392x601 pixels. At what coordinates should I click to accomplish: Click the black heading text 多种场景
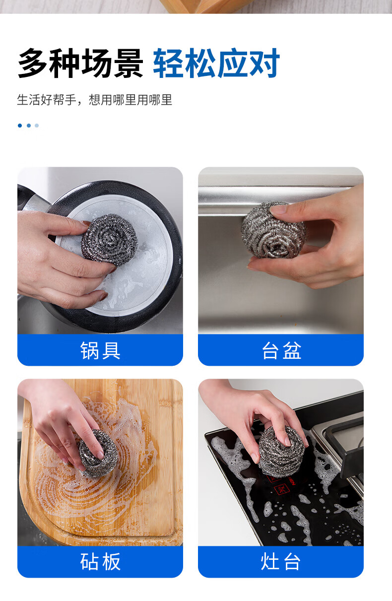click(80, 64)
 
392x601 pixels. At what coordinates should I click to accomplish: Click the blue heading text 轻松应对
click(216, 64)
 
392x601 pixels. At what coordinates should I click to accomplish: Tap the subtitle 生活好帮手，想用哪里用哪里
click(94, 100)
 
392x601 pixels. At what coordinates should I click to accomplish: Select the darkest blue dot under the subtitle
click(20, 126)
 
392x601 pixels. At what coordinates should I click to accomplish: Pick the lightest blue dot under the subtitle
click(37, 126)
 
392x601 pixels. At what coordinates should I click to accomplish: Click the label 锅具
click(100, 350)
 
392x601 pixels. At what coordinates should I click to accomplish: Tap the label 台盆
click(281, 350)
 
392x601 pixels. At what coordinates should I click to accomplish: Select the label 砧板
click(100, 562)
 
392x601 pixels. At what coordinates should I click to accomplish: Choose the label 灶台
click(281, 562)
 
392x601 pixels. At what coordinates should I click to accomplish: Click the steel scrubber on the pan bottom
click(110, 240)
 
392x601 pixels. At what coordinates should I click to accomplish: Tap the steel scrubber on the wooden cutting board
click(98, 454)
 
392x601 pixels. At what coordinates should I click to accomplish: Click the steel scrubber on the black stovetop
click(281, 452)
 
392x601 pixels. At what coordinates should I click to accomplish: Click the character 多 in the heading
click(33, 64)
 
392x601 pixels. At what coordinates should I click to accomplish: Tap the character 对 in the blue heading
click(265, 64)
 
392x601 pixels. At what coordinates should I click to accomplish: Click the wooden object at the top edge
click(206, 6)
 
